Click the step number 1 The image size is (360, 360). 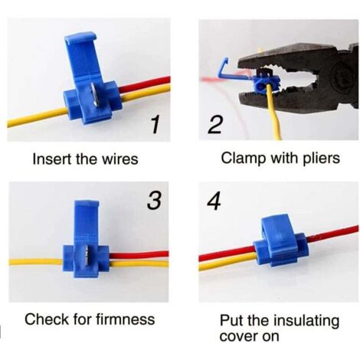155,124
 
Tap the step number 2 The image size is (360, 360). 216,125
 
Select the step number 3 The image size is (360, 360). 155,201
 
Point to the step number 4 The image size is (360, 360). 214,201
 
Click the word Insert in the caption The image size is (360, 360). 49,159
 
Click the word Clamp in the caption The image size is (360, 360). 241,159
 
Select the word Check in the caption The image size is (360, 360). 44,319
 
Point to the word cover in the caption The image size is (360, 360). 237,335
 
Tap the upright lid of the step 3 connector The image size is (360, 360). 86,222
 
